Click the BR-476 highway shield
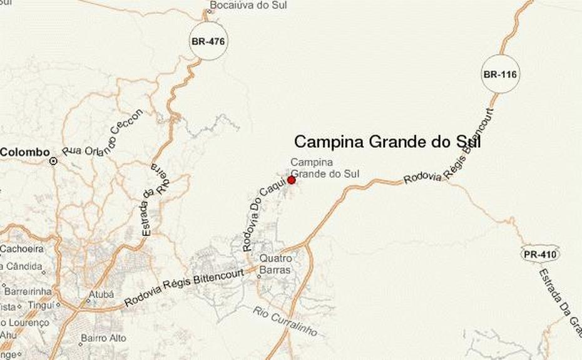207,42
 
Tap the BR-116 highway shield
500,75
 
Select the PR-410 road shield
539,254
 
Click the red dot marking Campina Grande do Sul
291,180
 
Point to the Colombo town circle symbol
54,161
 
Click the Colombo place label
25,152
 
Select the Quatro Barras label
275,264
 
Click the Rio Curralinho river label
285,321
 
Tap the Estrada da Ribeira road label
154,198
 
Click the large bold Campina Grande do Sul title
387,141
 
